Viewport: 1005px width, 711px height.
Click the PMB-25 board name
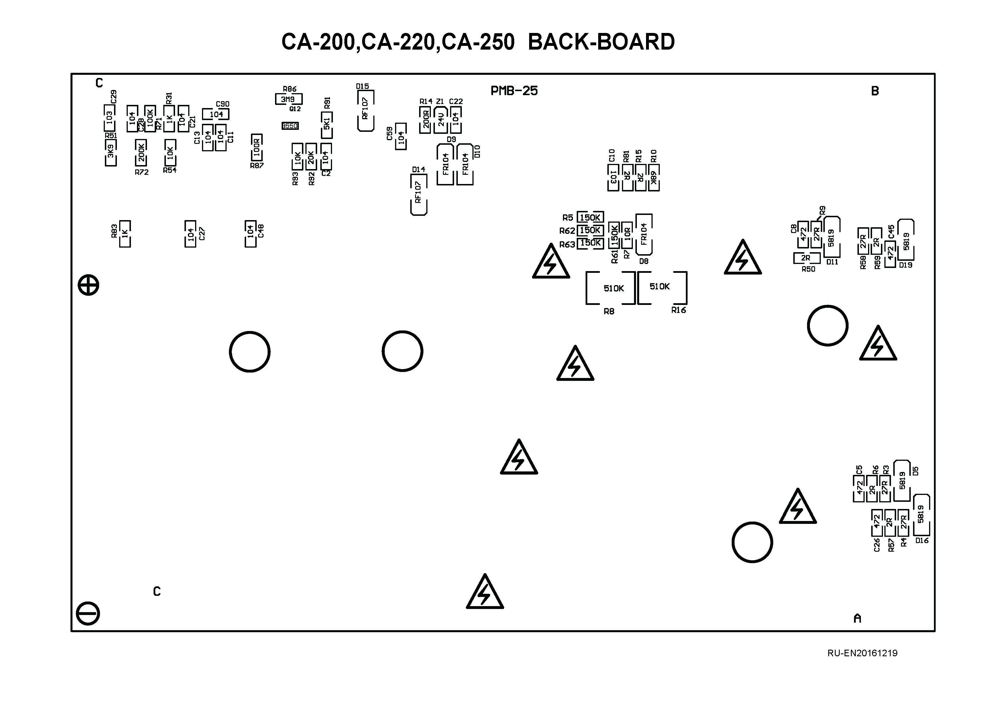pos(514,91)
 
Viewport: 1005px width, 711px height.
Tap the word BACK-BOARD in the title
pos(601,42)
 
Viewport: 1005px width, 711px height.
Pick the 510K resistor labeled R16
pos(662,287)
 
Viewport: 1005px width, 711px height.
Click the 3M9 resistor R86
pos(288,99)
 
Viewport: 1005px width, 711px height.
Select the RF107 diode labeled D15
pos(366,110)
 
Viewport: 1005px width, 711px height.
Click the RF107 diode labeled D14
pos(419,194)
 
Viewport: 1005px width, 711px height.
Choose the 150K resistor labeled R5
pos(590,218)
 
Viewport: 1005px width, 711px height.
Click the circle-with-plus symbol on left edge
pos(89,285)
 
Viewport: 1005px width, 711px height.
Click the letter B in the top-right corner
pos(875,91)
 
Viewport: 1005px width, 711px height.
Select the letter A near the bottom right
pos(857,618)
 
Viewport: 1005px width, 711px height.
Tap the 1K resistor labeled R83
pos(125,234)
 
